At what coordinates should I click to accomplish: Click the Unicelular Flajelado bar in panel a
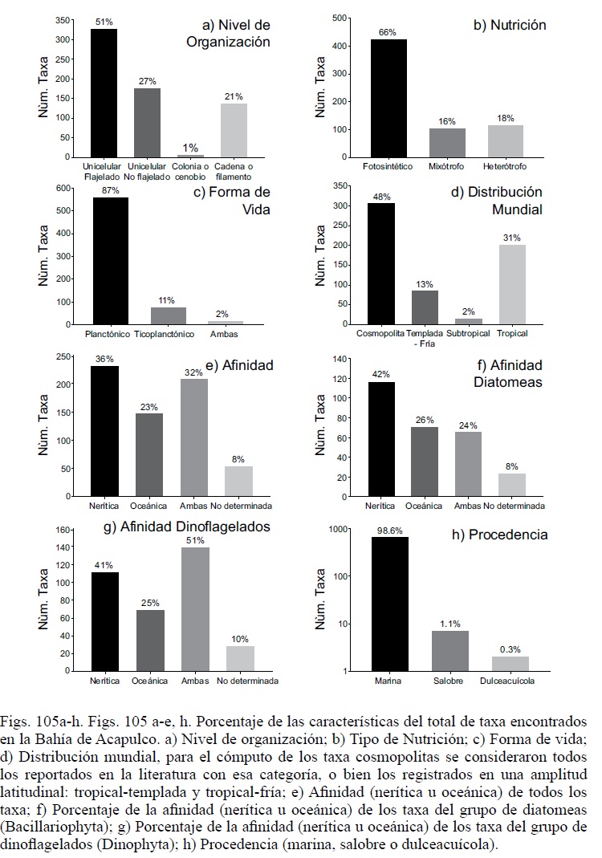(104, 92)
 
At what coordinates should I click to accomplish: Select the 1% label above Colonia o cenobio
(190, 148)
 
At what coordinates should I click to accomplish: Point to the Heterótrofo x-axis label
(505, 166)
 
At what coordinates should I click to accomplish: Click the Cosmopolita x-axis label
(380, 333)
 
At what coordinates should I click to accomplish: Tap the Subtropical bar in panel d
(467, 321)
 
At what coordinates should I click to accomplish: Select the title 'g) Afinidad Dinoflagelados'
(182, 527)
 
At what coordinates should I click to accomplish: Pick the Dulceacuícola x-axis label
(510, 681)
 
